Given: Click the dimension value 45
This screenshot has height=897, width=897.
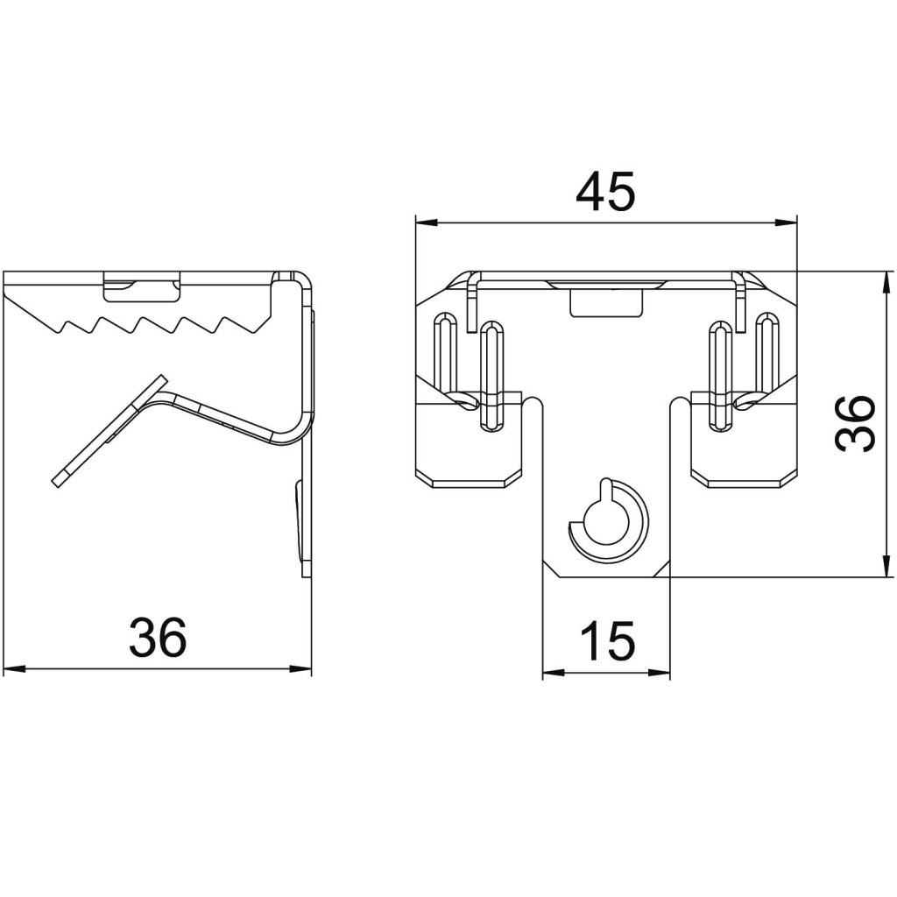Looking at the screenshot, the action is [x=605, y=191].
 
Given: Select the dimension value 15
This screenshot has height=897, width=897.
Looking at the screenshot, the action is [x=606, y=640].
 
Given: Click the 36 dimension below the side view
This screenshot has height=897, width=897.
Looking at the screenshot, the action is [x=158, y=638].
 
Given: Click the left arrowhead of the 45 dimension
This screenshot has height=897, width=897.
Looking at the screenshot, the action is [x=427, y=222].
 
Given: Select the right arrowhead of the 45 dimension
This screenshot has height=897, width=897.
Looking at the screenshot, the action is [x=785, y=222].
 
